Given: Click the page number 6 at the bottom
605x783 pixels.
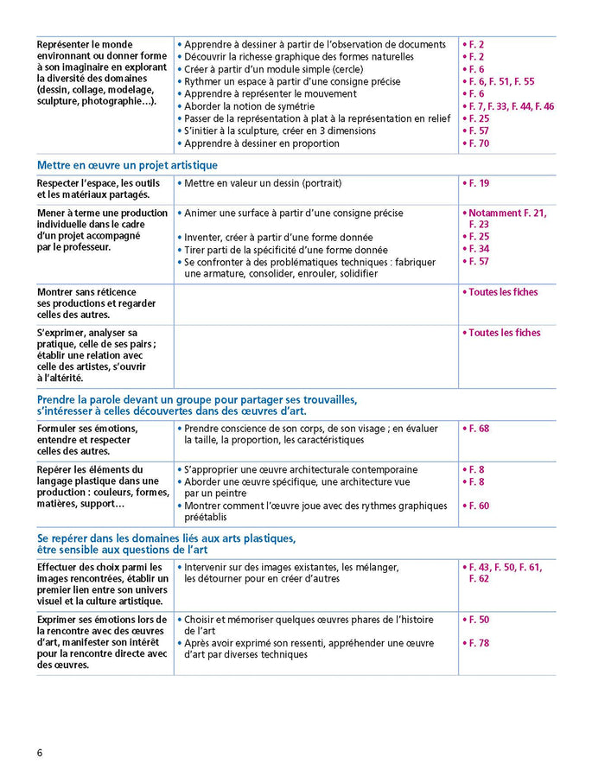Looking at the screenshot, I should (40, 751).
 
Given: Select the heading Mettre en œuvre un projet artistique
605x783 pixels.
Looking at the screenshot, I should (127, 165).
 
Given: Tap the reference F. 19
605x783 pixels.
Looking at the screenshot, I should (478, 183).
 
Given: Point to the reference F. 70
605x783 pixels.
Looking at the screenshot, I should (478, 143).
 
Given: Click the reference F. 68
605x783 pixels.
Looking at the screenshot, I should (478, 429).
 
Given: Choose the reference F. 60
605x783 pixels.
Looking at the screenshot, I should (478, 506).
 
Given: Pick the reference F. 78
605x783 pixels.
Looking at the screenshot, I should (478, 643).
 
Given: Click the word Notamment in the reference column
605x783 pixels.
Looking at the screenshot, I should (498, 213).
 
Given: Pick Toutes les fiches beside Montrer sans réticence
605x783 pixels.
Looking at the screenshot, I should (504, 292).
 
